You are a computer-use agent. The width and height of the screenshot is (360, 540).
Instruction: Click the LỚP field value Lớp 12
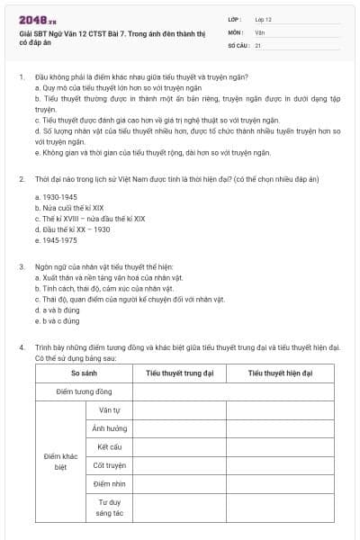click(x=264, y=18)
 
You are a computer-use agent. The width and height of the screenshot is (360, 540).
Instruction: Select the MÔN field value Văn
click(x=260, y=31)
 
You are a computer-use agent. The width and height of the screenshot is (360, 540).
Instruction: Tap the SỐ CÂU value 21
click(x=258, y=44)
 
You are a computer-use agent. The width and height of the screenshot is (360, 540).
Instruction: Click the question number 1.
click(x=21, y=77)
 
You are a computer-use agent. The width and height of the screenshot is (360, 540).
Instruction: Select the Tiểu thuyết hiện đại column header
click(x=280, y=373)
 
